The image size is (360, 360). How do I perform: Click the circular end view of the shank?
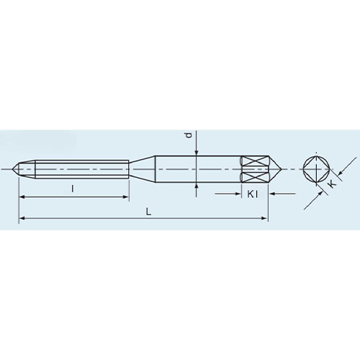click(x=317, y=168)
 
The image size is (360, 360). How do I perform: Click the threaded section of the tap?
click(x=79, y=168)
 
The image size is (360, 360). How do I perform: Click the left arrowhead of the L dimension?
click(x=22, y=218)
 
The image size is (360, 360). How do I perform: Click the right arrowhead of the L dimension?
click(x=264, y=218)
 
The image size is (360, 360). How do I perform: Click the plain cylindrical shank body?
click(x=194, y=168)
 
